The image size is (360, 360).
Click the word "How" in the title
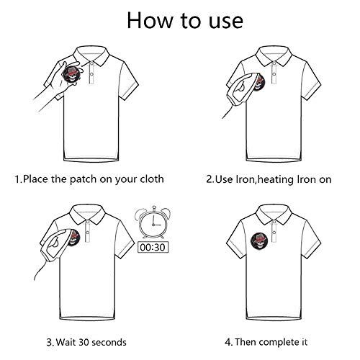[150, 20]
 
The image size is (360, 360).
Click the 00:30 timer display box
[153, 247]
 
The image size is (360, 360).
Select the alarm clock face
[153, 223]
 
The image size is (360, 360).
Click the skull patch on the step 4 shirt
[260, 242]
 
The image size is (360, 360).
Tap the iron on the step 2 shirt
[243, 89]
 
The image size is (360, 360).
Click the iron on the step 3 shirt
[58, 245]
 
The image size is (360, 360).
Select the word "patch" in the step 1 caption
[83, 179]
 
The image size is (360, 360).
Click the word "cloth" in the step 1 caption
[152, 179]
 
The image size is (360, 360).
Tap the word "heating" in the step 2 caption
[276, 180]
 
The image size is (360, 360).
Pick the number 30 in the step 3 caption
[84, 342]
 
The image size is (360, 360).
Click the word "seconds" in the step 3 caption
[109, 342]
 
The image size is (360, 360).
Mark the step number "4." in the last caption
[228, 342]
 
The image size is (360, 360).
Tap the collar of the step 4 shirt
[274, 214]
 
